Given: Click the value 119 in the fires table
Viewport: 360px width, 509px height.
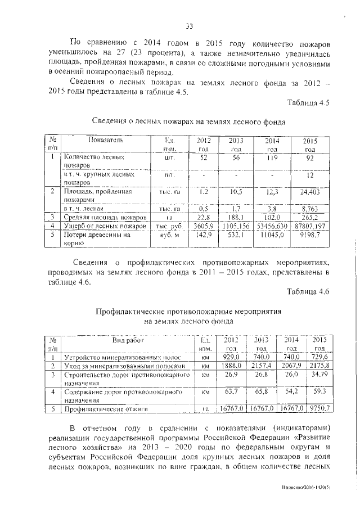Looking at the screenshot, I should pyautogui.click(x=272, y=159).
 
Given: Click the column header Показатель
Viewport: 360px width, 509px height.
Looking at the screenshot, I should pyautogui.click(x=105, y=139).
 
